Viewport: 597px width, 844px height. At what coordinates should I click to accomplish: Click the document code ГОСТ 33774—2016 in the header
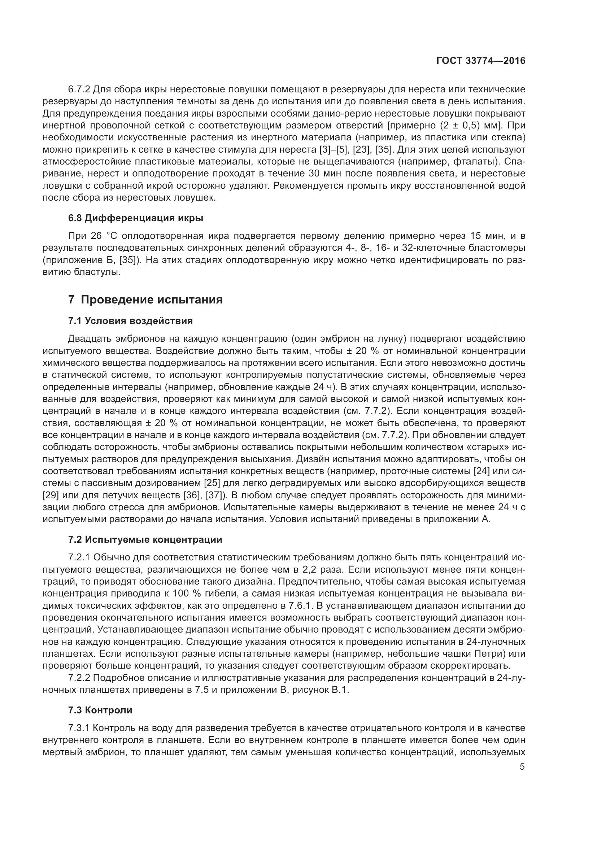(481, 61)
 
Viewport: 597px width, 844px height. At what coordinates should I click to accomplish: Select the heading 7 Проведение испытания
(145, 299)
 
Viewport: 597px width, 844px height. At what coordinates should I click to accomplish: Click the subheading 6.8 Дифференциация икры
(136, 218)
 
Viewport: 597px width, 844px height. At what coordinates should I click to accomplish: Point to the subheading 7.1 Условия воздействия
(131, 321)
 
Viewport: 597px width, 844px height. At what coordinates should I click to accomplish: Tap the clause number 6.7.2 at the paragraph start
(79, 89)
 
